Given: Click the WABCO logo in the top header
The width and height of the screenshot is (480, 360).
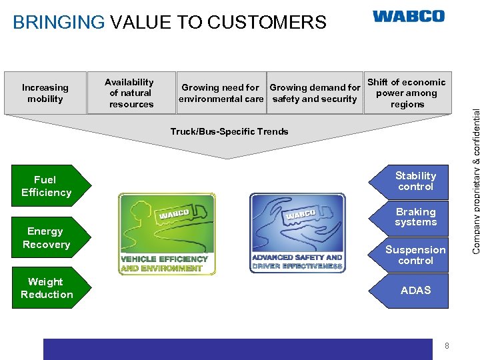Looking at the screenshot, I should click(x=408, y=16).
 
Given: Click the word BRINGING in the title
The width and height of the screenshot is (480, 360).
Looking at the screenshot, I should click(x=59, y=23).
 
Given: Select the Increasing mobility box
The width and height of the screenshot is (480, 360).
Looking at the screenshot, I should click(x=45, y=93).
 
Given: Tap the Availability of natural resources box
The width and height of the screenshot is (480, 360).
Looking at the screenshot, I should click(x=131, y=93).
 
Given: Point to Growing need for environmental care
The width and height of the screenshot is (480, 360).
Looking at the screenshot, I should click(x=221, y=93).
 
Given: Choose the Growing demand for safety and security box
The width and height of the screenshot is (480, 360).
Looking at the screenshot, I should click(x=315, y=93).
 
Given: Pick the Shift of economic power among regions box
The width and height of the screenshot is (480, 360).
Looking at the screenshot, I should click(x=407, y=93).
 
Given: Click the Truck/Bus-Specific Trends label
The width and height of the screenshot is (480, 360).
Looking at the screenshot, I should click(x=229, y=131).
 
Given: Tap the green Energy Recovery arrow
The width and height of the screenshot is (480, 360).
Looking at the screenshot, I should click(x=48, y=238).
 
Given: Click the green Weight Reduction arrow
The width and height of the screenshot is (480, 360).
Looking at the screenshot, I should click(x=49, y=288).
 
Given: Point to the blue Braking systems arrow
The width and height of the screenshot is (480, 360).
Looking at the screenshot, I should click(x=414, y=217).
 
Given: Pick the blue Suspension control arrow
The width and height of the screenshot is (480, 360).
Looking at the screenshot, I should click(x=414, y=255).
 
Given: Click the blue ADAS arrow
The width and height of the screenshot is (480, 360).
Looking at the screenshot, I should click(x=414, y=290).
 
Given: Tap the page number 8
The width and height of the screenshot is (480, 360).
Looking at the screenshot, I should click(x=447, y=345).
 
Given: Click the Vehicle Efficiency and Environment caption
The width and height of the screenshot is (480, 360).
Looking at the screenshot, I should click(x=165, y=263).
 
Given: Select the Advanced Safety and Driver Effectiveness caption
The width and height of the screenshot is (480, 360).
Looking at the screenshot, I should click(x=297, y=261).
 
